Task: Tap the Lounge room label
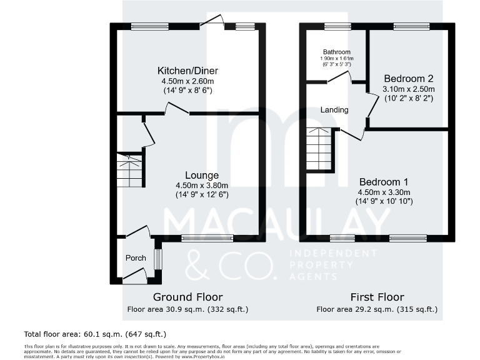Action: click(x=201, y=175)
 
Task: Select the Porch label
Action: click(x=136, y=258)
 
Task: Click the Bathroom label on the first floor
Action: click(x=336, y=52)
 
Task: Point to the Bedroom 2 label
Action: click(x=408, y=79)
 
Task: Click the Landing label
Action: click(x=334, y=110)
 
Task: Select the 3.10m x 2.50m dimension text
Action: click(x=408, y=89)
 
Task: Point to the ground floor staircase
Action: click(x=130, y=171)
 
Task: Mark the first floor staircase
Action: click(x=319, y=149)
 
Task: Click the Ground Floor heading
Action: click(x=187, y=297)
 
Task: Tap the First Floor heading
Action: click(x=377, y=297)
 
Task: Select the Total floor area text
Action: click(x=95, y=334)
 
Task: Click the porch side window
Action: click(x=157, y=259)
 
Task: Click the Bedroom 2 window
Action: click(x=411, y=26)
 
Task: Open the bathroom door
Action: click(x=339, y=77)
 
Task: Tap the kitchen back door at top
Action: click(x=216, y=22)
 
